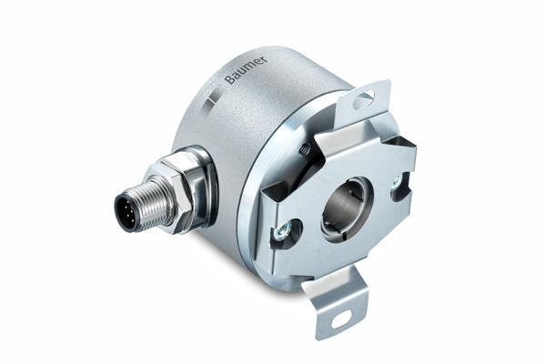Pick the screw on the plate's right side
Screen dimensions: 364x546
396,182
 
